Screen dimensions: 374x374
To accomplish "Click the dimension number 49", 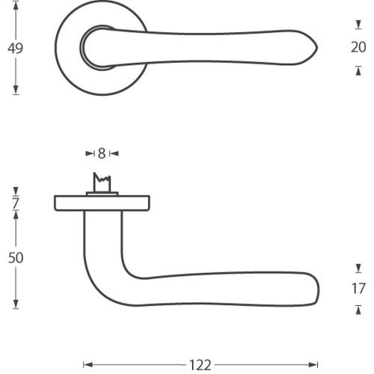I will click(x=15, y=49).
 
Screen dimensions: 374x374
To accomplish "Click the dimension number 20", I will click(x=358, y=48).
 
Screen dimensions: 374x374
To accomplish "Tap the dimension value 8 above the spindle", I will click(x=102, y=153).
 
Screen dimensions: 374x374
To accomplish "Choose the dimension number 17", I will click(x=358, y=289).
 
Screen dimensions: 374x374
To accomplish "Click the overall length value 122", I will click(x=200, y=365).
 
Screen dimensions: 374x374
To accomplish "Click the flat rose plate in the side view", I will click(x=102, y=202).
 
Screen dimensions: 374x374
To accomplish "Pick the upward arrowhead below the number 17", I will click(x=358, y=309).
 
